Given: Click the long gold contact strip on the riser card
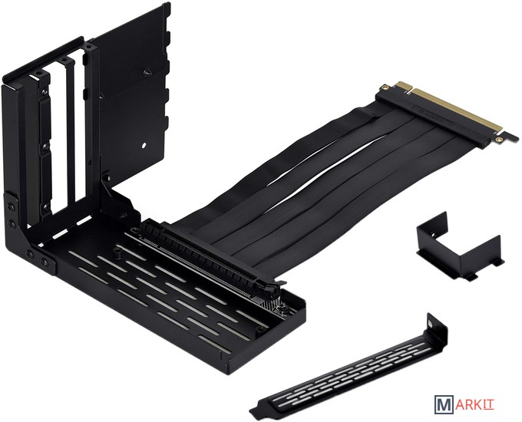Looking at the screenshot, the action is click(x=457, y=110).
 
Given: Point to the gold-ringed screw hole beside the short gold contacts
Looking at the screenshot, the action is click(x=385, y=87).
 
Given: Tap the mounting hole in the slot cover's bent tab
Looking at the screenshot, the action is click(x=431, y=322).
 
